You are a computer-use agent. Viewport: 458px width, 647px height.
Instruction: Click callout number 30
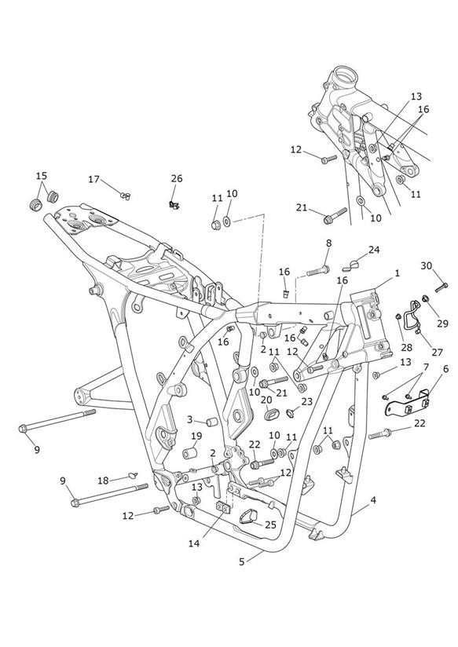[x=427, y=265]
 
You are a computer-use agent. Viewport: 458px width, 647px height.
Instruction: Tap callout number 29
[x=442, y=323]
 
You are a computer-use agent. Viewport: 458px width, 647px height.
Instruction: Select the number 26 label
[x=177, y=179]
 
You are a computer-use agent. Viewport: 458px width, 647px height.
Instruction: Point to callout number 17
[x=93, y=179]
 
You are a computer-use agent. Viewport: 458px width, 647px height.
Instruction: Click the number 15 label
[x=42, y=176]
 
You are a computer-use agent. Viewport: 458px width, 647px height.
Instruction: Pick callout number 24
[x=374, y=250]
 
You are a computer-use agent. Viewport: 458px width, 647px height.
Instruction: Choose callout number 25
[x=270, y=525]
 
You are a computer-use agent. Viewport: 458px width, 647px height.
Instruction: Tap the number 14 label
[x=194, y=543]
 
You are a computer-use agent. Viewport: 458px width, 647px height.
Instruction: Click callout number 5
[x=242, y=561]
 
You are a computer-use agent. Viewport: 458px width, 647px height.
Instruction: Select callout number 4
[x=373, y=500]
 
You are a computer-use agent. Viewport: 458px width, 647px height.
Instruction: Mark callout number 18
[x=103, y=481]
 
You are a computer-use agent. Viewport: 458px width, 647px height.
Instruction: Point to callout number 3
[x=189, y=419]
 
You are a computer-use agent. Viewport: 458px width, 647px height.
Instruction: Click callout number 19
[x=196, y=436]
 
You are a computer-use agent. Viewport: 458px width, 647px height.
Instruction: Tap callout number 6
[x=445, y=369]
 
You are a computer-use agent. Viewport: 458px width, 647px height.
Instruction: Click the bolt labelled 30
[x=442, y=287]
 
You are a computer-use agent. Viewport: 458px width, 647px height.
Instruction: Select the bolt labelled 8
[x=318, y=271]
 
